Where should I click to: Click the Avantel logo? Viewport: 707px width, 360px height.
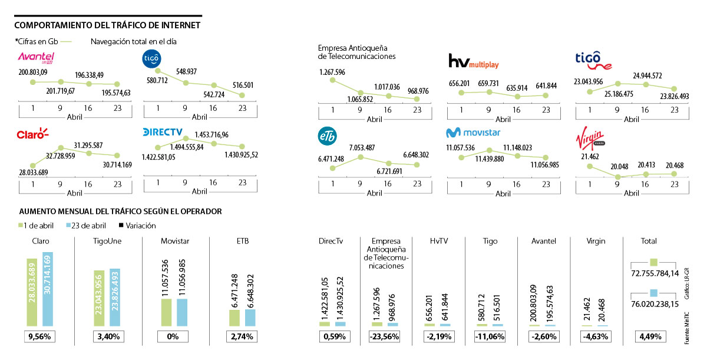coord(37,57)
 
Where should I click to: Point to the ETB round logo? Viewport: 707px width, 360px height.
coord(328,136)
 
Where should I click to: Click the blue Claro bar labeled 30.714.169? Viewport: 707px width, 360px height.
coord(48,289)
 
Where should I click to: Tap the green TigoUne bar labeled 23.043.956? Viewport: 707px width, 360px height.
coord(98,298)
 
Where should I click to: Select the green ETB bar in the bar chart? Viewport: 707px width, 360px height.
coord(234,318)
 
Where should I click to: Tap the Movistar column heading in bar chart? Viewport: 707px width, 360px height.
coord(174,241)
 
